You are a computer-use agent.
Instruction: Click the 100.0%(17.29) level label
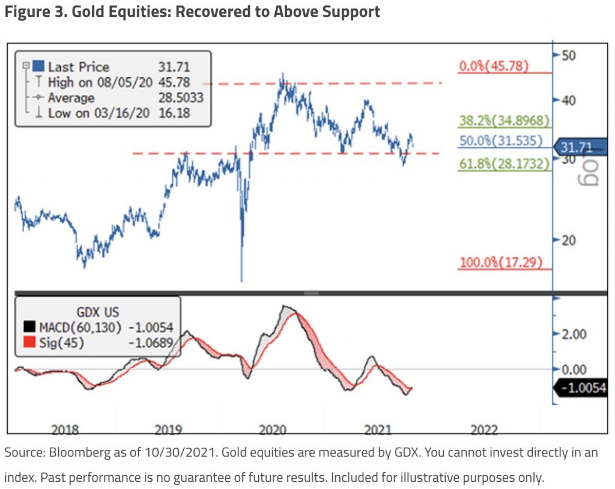point(501,262)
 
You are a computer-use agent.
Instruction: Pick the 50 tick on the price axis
point(568,55)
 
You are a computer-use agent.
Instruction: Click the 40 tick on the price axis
point(568,100)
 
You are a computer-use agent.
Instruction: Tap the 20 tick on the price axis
point(568,240)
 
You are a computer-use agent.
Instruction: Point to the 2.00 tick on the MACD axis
point(574,334)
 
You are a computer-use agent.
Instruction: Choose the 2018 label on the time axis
point(65,430)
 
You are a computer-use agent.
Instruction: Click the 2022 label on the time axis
point(484,430)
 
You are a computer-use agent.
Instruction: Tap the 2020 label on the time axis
point(274,430)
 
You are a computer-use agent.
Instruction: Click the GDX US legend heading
point(98,312)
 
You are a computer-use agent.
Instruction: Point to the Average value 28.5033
point(181,98)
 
